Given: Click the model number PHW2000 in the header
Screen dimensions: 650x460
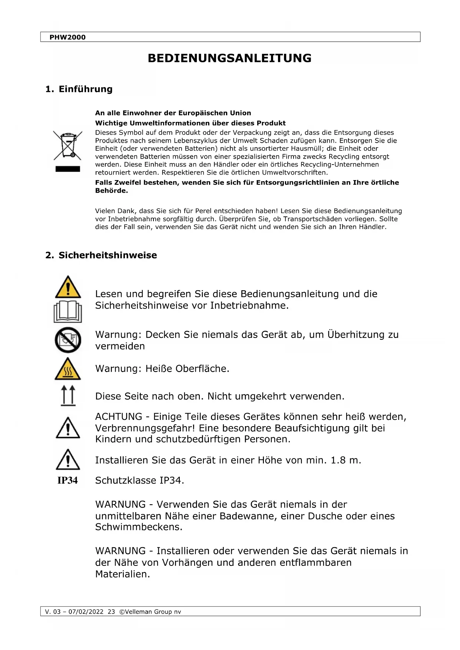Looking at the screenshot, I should tap(67, 37).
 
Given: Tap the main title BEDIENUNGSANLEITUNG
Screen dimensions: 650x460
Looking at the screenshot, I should tap(229, 58).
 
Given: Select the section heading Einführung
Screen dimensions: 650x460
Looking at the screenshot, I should tap(85, 89).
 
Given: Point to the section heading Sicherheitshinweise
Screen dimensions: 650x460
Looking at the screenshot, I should tap(107, 255).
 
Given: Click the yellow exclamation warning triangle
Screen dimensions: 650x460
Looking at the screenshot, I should tap(68, 287).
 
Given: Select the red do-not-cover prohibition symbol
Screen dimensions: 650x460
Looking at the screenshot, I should tap(68, 340).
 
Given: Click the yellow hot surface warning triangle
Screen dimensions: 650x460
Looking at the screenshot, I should tap(68, 369).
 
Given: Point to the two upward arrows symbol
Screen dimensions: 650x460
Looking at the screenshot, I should tap(68, 395).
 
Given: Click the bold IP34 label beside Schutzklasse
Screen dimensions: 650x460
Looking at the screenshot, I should tap(67, 480).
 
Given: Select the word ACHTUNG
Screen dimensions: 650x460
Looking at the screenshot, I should tap(119, 417).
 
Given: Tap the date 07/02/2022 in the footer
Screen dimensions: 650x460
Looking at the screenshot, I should tap(86, 611).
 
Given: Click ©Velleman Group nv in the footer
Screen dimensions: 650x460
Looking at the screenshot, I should tap(150, 611).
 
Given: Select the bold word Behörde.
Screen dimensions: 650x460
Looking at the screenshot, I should tap(111, 190).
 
